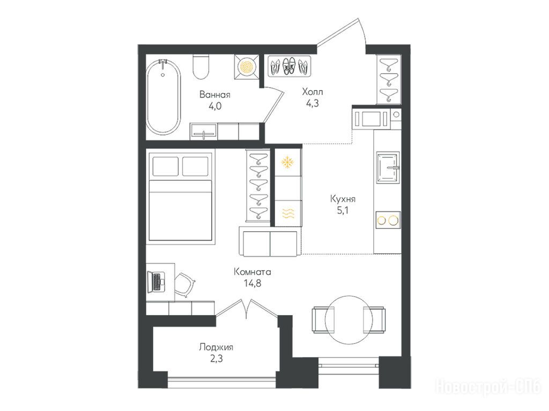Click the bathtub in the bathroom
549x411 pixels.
tap(163, 97)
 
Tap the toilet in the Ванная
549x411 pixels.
tap(201, 67)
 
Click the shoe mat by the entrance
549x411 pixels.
tap(290, 66)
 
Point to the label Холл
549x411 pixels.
tap(313, 92)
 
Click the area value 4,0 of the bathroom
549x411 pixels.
tap(214, 106)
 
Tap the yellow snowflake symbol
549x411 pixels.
tap(288, 162)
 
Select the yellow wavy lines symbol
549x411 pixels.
tap(288, 213)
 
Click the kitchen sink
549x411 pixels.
tap(388, 168)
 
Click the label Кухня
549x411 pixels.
tap(343, 199)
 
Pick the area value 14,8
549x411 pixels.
tap(253, 283)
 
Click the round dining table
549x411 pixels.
tap(348, 320)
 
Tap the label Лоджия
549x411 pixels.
tap(216, 347)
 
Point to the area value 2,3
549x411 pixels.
tap(216, 358)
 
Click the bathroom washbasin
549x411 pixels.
tap(203, 132)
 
